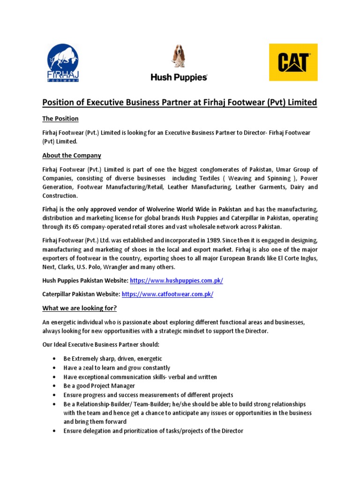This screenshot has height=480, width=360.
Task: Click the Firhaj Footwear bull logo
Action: [x=63, y=62]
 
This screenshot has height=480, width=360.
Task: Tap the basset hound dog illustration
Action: [x=178, y=57]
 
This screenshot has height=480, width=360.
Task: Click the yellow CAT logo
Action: [x=293, y=62]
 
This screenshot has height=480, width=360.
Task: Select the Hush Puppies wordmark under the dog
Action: [x=179, y=77]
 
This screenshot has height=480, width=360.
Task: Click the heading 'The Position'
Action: [x=60, y=119]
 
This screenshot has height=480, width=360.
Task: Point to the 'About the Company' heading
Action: [x=72, y=155]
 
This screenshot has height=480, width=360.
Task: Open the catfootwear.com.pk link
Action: [x=167, y=294]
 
